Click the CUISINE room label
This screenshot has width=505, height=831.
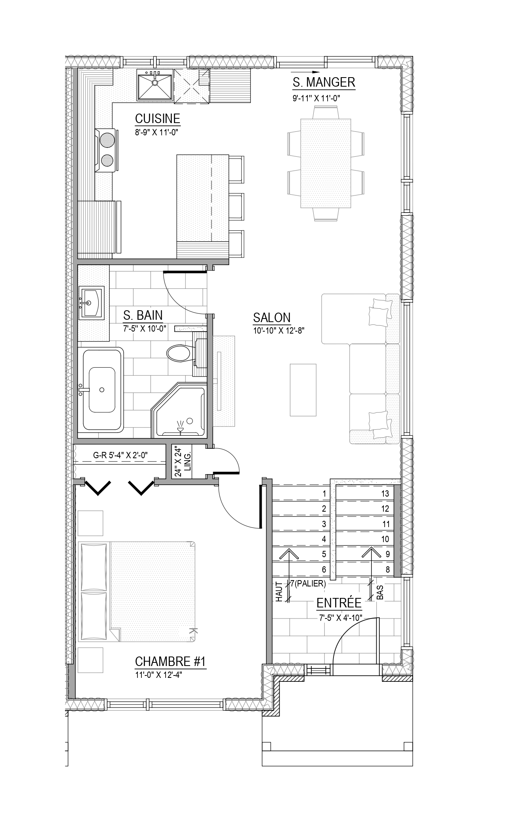pyautogui.click(x=157, y=119)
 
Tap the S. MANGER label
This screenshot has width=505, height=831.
pyautogui.click(x=324, y=83)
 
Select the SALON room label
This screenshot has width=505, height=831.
pyautogui.click(x=272, y=318)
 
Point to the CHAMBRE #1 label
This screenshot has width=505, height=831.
pyautogui.click(x=170, y=662)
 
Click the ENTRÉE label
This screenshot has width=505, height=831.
pyautogui.click(x=339, y=603)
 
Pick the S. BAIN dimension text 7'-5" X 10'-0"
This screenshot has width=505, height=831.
pyautogui.click(x=145, y=328)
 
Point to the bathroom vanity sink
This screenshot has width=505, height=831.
pyautogui.click(x=91, y=303)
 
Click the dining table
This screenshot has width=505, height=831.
pyautogui.click(x=326, y=163)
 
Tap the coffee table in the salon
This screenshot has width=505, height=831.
pyautogui.click(x=303, y=390)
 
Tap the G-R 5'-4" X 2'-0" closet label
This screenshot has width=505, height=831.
pyautogui.click(x=120, y=455)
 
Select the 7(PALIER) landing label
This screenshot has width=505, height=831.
pyautogui.click(x=308, y=583)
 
